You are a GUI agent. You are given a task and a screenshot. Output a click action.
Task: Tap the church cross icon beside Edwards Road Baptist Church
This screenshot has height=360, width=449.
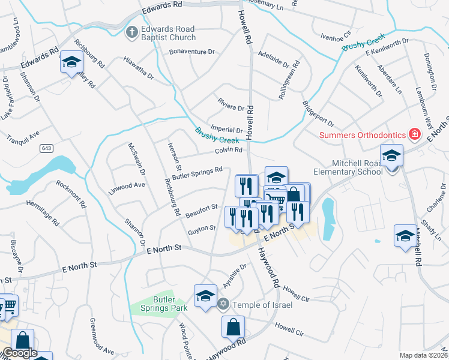(x=131, y=32)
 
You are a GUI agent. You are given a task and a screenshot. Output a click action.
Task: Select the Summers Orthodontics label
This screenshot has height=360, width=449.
(x=363, y=134)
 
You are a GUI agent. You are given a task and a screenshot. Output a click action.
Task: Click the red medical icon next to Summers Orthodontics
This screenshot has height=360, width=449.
(x=414, y=133)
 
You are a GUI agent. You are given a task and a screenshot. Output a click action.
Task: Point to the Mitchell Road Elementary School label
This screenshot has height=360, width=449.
(x=357, y=167)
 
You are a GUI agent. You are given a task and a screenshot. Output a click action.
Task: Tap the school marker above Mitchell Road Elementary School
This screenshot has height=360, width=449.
(x=391, y=156)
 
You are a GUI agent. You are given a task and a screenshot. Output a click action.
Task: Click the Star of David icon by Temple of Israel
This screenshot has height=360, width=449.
(x=223, y=304)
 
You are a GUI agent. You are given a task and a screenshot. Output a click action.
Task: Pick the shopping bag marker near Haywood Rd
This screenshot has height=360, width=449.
(x=233, y=328)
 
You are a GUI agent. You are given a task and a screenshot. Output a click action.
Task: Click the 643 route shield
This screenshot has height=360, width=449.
(x=46, y=148)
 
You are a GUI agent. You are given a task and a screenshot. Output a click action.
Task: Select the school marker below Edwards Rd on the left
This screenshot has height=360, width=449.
(x=71, y=62)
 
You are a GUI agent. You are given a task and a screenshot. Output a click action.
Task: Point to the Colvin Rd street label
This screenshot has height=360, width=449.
(x=228, y=150)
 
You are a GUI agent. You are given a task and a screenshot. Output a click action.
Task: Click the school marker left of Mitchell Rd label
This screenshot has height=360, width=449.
(x=405, y=236)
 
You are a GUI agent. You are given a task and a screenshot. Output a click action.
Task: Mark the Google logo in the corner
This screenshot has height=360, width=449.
(x=19, y=353)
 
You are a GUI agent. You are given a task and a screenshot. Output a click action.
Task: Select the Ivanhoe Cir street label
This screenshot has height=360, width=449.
(x=336, y=36)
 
